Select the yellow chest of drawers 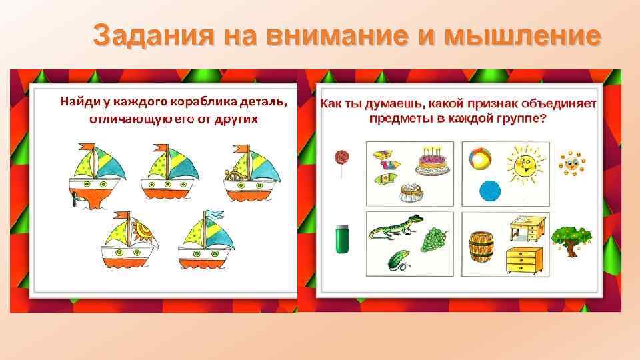coord(523,260)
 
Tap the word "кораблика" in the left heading coord(200,102)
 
